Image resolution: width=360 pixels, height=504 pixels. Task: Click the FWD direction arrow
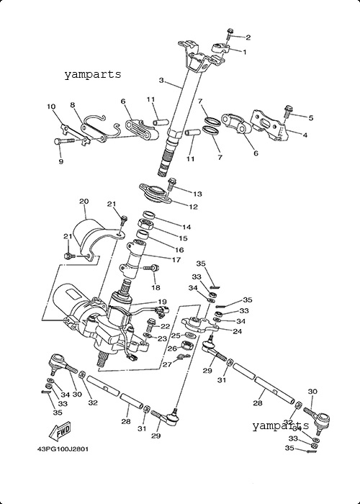(60, 432)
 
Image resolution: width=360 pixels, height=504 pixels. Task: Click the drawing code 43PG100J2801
(63, 449)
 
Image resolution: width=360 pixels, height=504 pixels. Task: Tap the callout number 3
(161, 81)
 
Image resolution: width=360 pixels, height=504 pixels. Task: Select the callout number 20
(84, 202)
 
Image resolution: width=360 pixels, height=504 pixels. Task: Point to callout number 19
(162, 302)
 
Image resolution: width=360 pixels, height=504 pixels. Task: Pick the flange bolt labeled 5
(287, 112)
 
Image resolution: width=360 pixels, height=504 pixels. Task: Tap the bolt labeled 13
(171, 184)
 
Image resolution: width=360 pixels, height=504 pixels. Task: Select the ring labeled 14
(149, 215)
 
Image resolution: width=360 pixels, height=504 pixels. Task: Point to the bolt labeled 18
(151, 267)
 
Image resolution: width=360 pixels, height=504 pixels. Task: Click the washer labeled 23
(148, 336)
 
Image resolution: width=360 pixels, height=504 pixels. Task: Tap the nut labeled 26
(186, 346)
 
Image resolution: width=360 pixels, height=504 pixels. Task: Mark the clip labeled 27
(184, 356)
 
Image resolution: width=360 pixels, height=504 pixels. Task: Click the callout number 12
(193, 207)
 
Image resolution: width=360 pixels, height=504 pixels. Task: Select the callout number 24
(237, 331)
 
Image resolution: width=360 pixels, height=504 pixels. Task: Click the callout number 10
(51, 107)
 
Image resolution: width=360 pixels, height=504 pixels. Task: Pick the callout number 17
(176, 260)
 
